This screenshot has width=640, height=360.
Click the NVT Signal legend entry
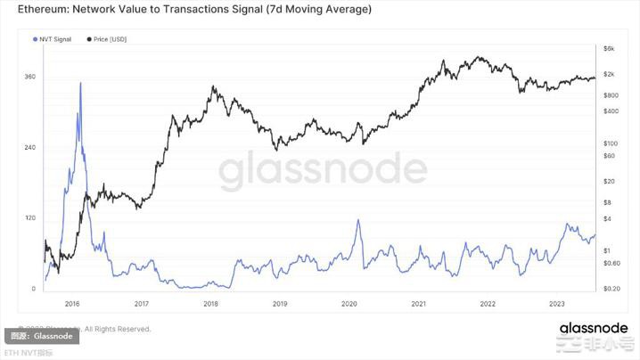[54, 40]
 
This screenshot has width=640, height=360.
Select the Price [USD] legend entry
[110, 40]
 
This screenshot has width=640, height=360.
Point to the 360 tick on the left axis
[30, 77]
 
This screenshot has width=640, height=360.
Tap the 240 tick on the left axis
[30, 147]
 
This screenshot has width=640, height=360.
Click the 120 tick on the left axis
[30, 217]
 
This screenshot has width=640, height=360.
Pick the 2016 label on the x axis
[72, 303]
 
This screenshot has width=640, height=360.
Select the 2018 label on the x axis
[210, 303]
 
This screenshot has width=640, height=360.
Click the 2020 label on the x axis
[349, 303]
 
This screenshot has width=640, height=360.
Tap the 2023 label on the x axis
[556, 303]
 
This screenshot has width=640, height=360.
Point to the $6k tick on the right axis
[610, 48]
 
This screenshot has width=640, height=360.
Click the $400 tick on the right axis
[611, 111]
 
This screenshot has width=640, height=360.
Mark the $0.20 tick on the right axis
[612, 289]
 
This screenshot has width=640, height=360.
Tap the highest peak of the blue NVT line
[81, 83]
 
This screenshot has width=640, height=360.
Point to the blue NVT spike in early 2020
[358, 220]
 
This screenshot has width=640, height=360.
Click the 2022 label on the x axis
[487, 303]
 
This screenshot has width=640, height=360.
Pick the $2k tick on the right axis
[610, 73]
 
